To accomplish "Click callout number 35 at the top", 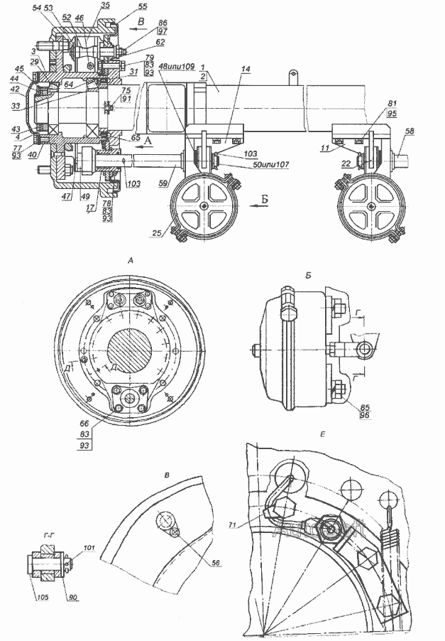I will click(105, 6).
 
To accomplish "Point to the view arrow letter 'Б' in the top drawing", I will click(263, 201).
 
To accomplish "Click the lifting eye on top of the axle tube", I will click(292, 74).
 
